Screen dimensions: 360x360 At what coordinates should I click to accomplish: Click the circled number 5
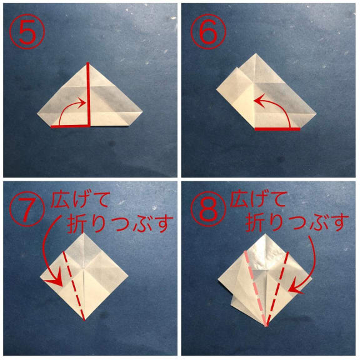[x=27, y=31]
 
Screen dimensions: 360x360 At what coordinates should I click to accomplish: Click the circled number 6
[x=208, y=31]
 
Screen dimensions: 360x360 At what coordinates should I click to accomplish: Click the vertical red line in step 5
[x=88, y=94]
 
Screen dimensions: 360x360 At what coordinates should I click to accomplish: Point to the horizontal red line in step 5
[x=69, y=126]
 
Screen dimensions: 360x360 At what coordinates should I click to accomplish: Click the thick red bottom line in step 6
[x=277, y=129]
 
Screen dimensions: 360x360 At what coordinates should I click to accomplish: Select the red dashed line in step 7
[x=74, y=286]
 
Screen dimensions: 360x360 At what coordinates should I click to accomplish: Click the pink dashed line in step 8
[x=256, y=288]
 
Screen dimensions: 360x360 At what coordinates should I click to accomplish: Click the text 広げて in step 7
[x=79, y=200]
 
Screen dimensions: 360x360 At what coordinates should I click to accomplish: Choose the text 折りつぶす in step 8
[x=297, y=222]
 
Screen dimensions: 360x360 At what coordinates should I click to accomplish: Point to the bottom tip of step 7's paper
[x=84, y=320]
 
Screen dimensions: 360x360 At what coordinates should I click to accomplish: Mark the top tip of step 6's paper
[x=256, y=54]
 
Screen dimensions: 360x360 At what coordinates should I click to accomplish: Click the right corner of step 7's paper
[x=128, y=274]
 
